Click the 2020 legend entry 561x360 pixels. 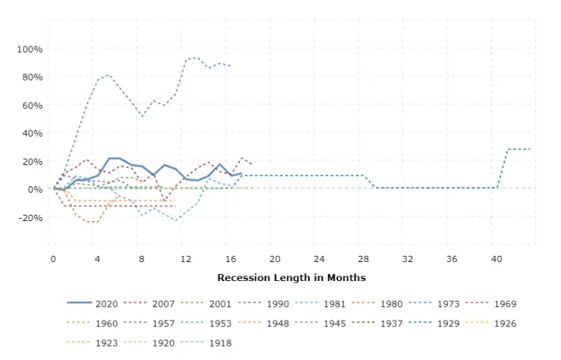click(x=92, y=304)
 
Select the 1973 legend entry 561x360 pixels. click(x=434, y=304)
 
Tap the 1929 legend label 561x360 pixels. click(x=449, y=324)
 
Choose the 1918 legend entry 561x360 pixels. click(x=206, y=343)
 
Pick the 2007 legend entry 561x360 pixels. click(x=149, y=304)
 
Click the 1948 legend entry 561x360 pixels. click(x=263, y=324)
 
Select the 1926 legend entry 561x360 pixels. click(x=491, y=324)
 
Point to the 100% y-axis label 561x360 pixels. click(x=30, y=49)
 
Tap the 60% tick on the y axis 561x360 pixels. click(x=32, y=106)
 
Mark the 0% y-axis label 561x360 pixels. click(x=35, y=189)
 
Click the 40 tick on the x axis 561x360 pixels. click(x=496, y=259)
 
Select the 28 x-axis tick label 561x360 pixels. click(x=363, y=259)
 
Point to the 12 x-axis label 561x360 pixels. click(x=186, y=259)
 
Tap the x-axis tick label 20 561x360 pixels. click(x=275, y=259)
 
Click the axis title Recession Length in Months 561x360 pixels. click(x=292, y=278)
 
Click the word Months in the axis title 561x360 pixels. click(x=346, y=278)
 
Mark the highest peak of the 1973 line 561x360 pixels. click(x=194, y=58)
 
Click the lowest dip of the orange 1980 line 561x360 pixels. click(x=92, y=223)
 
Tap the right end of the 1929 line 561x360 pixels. click(x=530, y=149)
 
